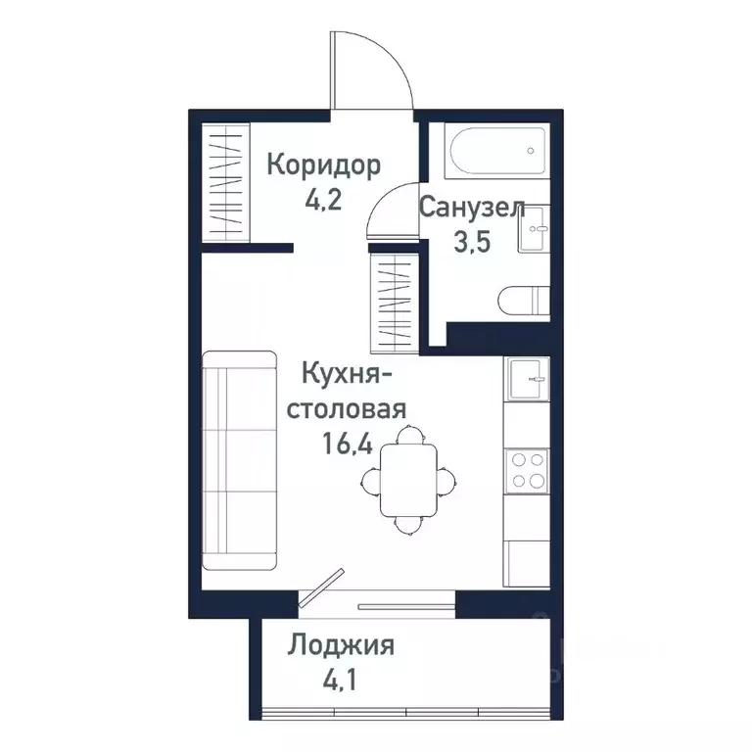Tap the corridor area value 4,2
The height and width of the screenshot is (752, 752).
click(323, 201)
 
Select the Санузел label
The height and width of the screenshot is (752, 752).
click(472, 208)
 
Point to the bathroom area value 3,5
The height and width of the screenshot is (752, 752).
click(471, 243)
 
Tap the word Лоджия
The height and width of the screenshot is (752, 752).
click(341, 645)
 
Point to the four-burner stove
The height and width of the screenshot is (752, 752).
click(526, 469)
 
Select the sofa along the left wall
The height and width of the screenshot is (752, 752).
click(239, 461)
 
